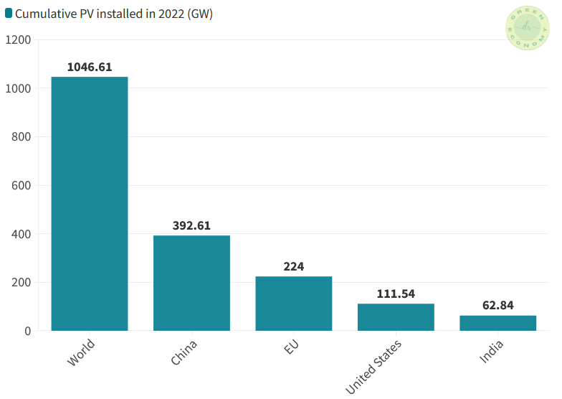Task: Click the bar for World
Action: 90,204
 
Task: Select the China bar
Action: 191,283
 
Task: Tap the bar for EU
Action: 294,304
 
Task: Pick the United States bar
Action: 396,317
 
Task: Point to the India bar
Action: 497,323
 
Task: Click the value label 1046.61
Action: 90,67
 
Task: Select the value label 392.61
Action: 191,225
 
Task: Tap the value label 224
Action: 294,266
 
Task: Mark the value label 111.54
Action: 396,294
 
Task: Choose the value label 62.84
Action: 497,306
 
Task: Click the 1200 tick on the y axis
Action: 18,40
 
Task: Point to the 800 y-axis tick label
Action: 21,137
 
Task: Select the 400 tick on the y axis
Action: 21,234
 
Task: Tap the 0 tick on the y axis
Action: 28,331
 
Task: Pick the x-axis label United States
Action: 374,366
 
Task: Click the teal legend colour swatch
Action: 9,14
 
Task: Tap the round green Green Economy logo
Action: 528,28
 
